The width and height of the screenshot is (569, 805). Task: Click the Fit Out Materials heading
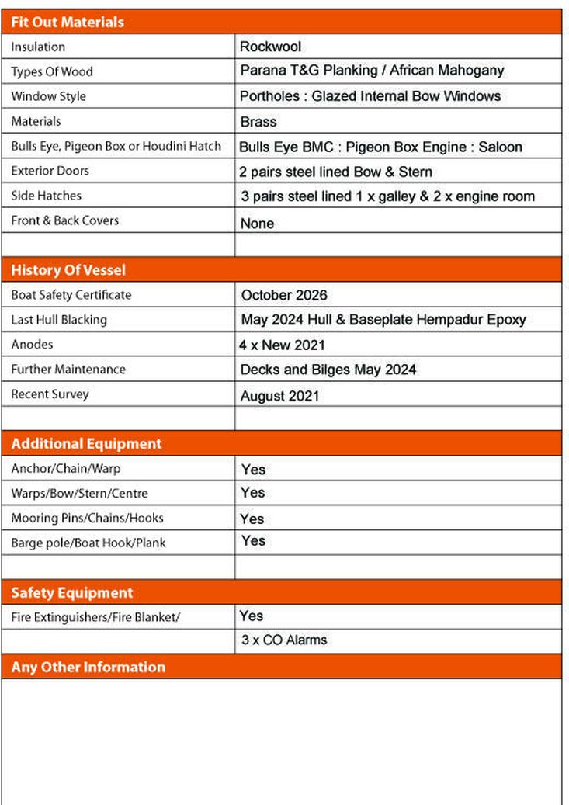pyautogui.click(x=68, y=22)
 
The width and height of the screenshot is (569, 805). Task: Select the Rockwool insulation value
pyautogui.click(x=270, y=47)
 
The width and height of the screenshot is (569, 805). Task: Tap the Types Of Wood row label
pyautogui.click(x=51, y=71)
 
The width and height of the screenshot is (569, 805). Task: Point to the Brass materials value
pyautogui.click(x=258, y=122)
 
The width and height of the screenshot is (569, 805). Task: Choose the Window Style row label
pyautogui.click(x=48, y=96)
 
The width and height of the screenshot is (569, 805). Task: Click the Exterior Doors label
pyautogui.click(x=50, y=171)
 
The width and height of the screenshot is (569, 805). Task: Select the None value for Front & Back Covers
pyautogui.click(x=257, y=224)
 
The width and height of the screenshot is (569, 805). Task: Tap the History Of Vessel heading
pyautogui.click(x=68, y=270)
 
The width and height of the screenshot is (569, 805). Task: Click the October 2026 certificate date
pyautogui.click(x=284, y=295)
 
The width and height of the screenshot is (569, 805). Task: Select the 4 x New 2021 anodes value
pyautogui.click(x=282, y=345)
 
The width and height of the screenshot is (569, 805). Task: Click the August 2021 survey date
pyautogui.click(x=279, y=396)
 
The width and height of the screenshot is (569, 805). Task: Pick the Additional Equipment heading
pyautogui.click(x=86, y=443)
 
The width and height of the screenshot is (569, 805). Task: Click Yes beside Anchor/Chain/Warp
pyautogui.click(x=253, y=469)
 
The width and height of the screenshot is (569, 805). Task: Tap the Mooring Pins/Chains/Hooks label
pyautogui.click(x=87, y=518)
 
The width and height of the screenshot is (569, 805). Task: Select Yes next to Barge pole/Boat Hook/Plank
pyautogui.click(x=253, y=540)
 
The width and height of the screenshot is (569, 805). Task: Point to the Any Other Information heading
pyautogui.click(x=88, y=667)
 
